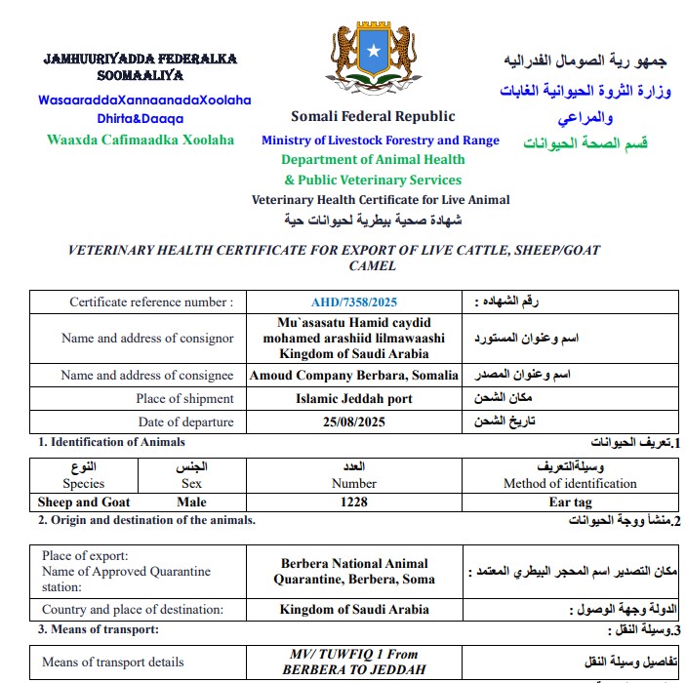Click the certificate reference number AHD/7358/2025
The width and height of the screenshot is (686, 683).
click(x=354, y=302)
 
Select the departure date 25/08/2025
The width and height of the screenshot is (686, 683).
click(x=354, y=422)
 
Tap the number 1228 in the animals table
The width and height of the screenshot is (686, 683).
click(x=354, y=502)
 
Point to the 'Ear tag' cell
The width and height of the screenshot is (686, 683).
click(x=570, y=502)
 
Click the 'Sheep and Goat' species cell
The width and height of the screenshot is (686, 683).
click(x=84, y=502)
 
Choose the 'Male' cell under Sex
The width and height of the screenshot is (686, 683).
click(x=192, y=502)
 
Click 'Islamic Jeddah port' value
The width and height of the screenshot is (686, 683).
click(x=354, y=398)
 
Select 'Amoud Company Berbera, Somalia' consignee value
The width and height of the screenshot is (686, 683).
click(x=354, y=375)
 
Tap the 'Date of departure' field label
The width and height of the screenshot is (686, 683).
click(x=186, y=422)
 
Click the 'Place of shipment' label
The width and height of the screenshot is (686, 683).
click(x=185, y=398)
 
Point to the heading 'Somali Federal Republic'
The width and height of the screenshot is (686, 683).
click(x=373, y=117)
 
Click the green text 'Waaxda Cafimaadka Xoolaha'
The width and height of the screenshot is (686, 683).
click(x=141, y=140)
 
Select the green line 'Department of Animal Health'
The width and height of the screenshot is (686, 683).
click(x=373, y=160)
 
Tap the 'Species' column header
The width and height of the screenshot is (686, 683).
click(x=84, y=483)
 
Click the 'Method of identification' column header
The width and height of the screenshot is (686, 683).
click(x=570, y=483)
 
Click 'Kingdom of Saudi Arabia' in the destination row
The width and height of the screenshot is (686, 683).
click(x=354, y=610)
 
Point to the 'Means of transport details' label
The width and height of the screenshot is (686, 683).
click(x=113, y=663)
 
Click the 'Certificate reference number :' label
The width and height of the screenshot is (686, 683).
click(x=151, y=302)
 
